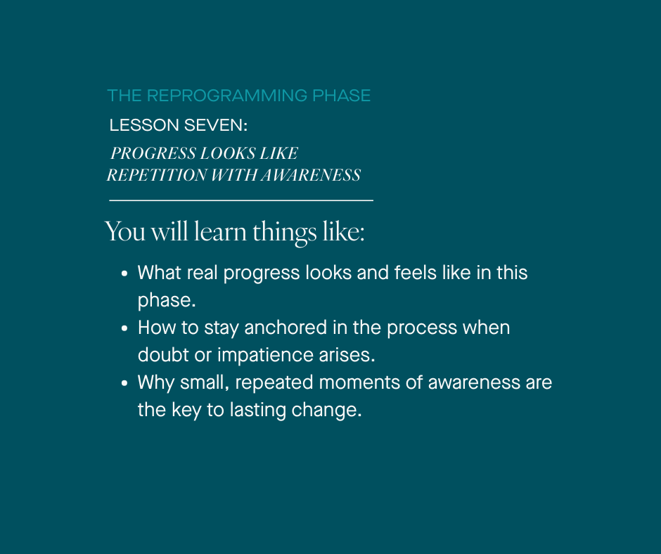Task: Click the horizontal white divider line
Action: click(x=241, y=200)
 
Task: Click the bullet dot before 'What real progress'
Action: click(x=124, y=273)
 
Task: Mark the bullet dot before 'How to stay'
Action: click(x=124, y=328)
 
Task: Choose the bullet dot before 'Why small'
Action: click(x=124, y=383)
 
